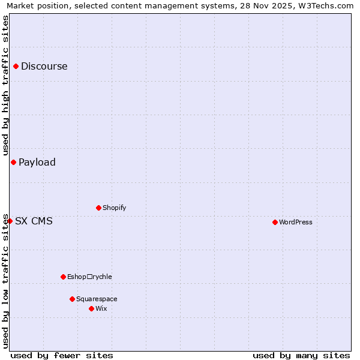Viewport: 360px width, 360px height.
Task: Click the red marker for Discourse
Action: (x=16, y=67)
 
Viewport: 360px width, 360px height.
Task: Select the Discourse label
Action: (x=44, y=67)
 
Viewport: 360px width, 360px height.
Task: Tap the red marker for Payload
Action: (x=13, y=162)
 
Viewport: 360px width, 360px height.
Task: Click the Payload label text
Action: (x=37, y=162)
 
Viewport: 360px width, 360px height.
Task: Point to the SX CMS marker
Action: (x=10, y=221)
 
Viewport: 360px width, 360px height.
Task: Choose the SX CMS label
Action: (x=34, y=221)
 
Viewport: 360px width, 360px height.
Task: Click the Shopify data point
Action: (x=98, y=208)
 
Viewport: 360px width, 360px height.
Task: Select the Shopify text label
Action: (x=114, y=208)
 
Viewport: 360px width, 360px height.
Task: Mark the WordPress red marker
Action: (x=275, y=222)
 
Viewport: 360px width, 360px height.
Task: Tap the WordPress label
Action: (x=296, y=222)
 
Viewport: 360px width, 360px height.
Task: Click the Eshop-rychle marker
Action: (x=63, y=277)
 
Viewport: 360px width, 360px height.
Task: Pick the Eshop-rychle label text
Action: (x=89, y=277)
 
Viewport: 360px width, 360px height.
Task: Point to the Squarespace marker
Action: (x=72, y=299)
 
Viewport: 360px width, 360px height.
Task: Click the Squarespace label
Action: (x=97, y=299)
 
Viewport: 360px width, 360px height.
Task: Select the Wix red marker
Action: (x=91, y=308)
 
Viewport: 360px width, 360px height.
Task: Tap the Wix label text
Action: (x=101, y=308)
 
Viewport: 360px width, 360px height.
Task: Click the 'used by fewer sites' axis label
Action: (x=62, y=355)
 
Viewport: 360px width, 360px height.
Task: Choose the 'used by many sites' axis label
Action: (x=301, y=355)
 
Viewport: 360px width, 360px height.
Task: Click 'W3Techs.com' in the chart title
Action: (x=325, y=5)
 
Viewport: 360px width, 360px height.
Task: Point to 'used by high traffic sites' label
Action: (x=5, y=86)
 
